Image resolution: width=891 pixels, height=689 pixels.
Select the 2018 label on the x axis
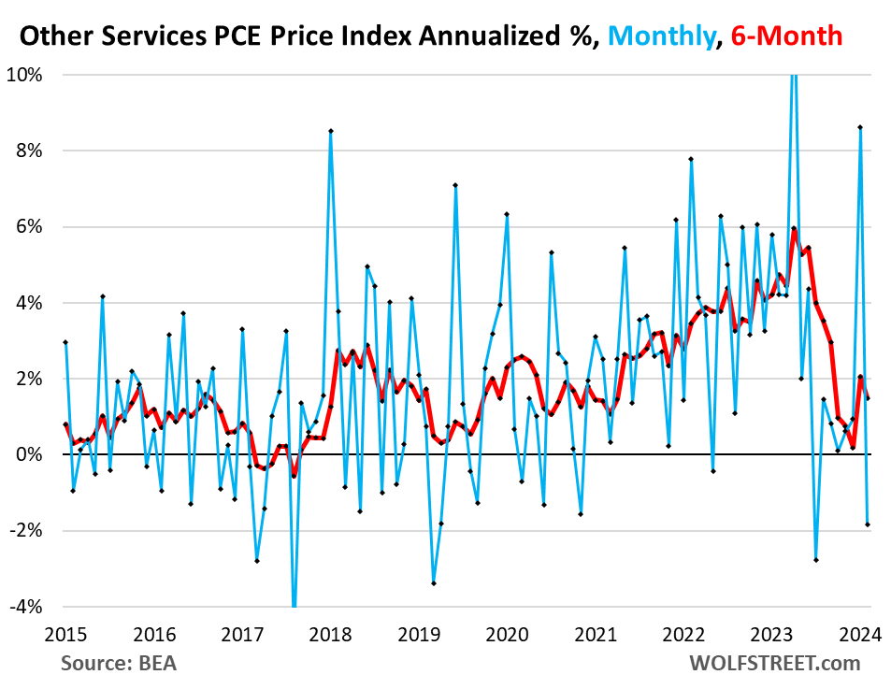[332, 634]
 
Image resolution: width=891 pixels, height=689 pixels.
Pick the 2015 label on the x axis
[66, 634]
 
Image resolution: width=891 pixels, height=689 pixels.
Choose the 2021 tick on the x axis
[596, 634]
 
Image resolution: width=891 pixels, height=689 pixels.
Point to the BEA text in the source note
[155, 664]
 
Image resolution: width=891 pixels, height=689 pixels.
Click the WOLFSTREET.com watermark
[774, 664]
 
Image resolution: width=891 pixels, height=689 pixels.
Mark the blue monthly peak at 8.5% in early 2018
[331, 131]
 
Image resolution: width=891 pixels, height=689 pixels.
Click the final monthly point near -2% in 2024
[868, 524]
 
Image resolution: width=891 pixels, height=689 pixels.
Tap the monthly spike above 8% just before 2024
[860, 127]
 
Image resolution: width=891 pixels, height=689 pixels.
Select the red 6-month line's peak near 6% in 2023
[794, 228]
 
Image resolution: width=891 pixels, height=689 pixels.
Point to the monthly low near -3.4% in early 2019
[434, 583]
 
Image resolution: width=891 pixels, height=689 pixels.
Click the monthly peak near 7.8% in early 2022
[691, 159]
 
